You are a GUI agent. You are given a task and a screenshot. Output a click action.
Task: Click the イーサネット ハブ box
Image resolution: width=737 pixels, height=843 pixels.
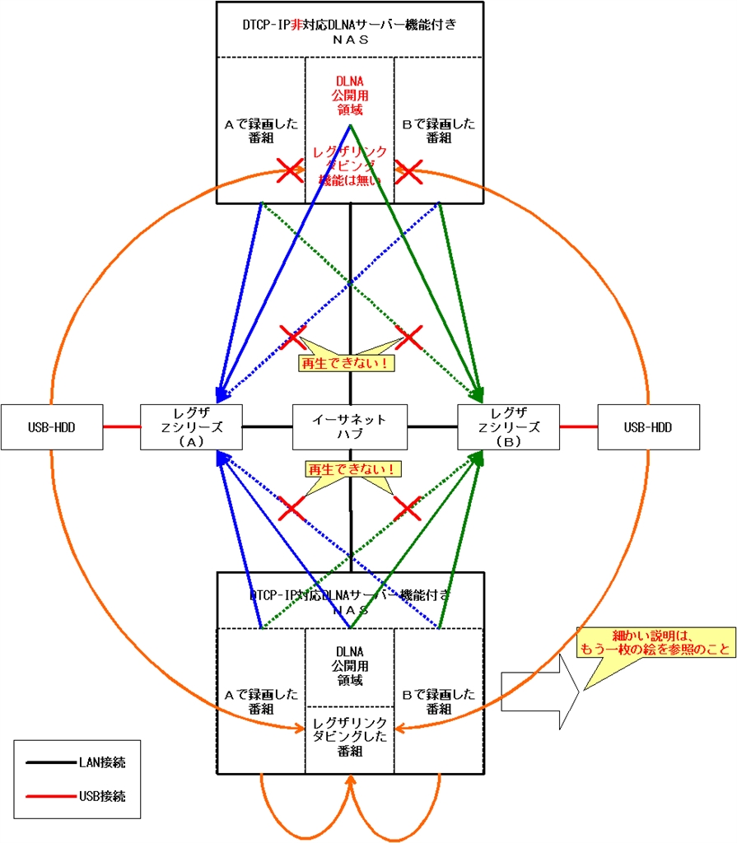tap(350, 426)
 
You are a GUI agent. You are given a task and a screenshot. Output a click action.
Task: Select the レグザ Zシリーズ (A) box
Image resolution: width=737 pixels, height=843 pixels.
tap(190, 426)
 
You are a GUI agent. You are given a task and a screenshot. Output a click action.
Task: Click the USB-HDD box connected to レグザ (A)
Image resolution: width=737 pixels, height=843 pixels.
tap(51, 426)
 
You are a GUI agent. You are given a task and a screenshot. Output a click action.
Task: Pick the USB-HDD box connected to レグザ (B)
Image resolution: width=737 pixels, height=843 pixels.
tap(647, 426)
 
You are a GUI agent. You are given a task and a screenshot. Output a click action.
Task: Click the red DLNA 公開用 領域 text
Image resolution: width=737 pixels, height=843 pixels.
tap(349, 95)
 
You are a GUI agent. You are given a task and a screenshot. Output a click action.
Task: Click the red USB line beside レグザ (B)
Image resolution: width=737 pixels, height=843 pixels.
tap(578, 426)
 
